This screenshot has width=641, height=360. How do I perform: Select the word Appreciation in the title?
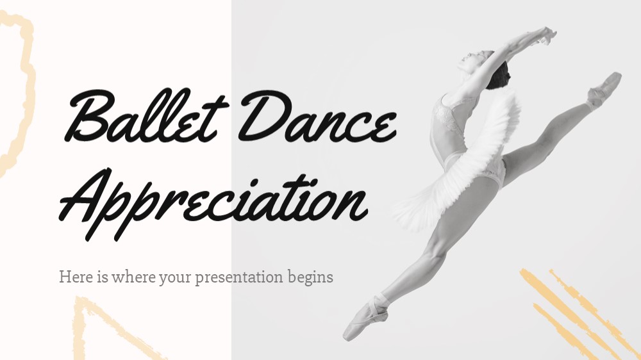point(213,202)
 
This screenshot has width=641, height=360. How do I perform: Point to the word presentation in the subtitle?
point(239,277)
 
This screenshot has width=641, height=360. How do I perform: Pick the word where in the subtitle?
point(133,277)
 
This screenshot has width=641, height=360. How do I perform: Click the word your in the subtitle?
point(176,278)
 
